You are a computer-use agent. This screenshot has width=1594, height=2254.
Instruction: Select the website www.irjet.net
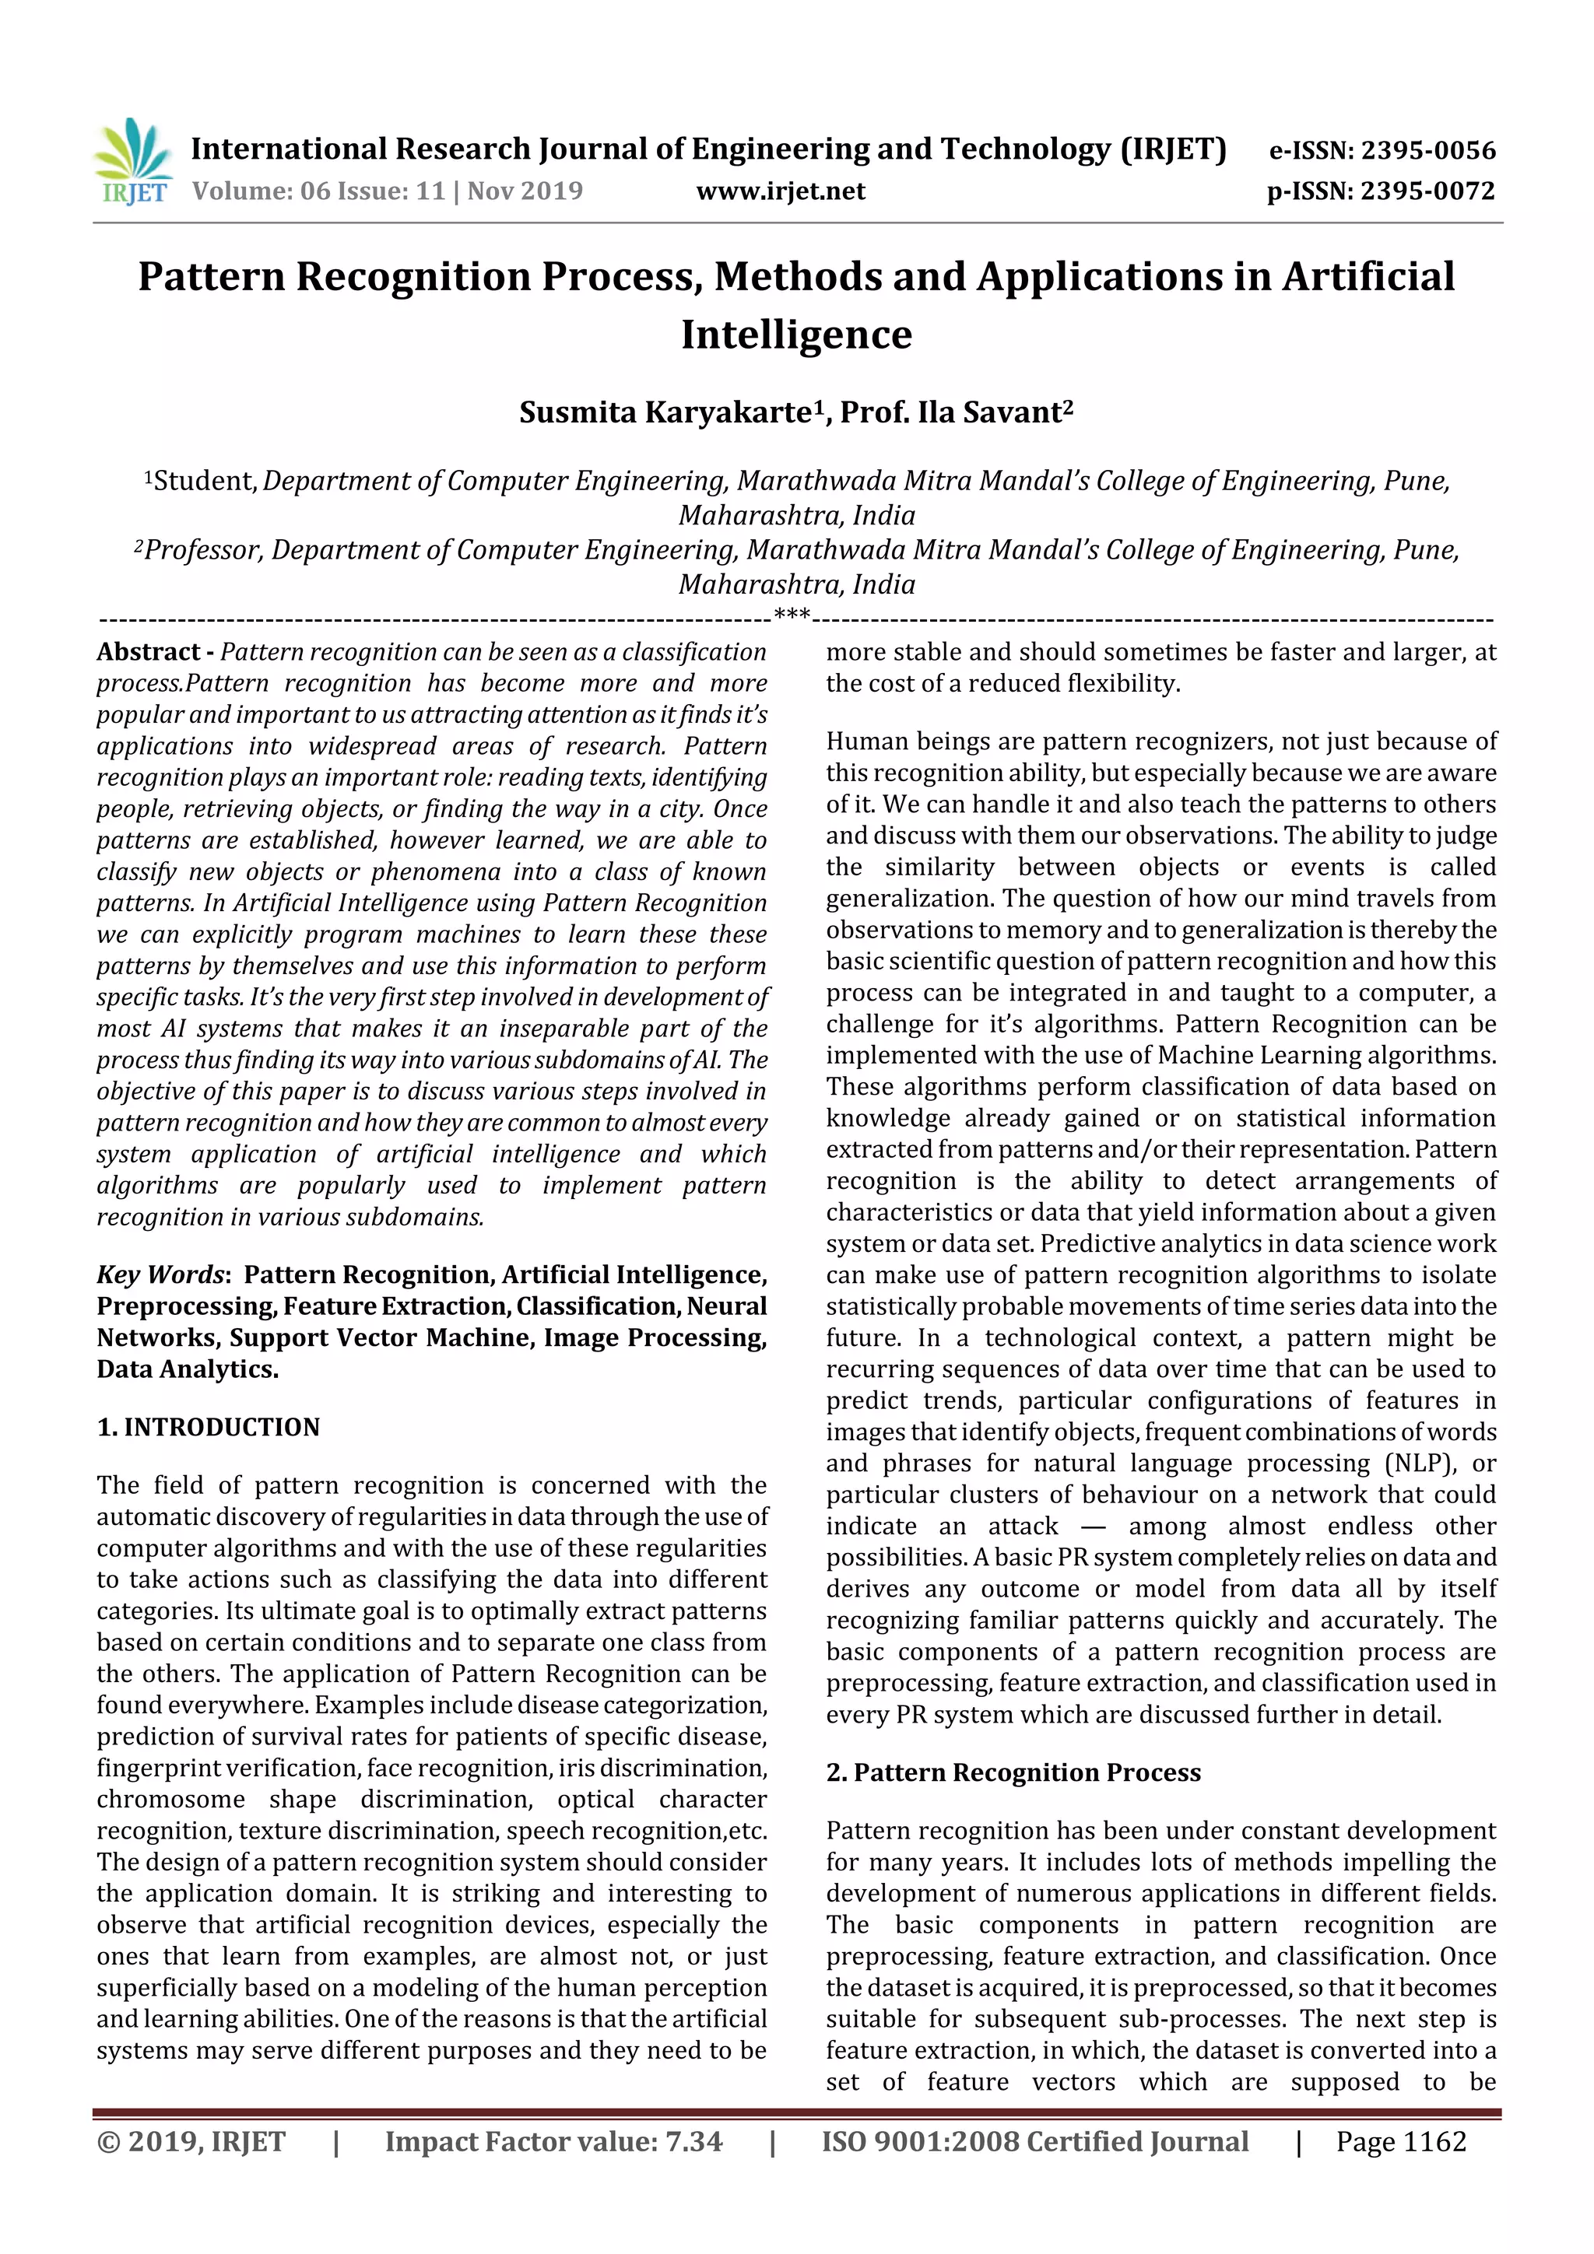(781, 191)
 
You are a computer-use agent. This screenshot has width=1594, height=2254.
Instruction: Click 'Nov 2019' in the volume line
(525, 191)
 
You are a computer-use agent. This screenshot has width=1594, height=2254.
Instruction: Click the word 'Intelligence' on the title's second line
(796, 335)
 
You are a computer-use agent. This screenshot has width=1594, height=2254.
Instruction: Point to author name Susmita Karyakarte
(665, 413)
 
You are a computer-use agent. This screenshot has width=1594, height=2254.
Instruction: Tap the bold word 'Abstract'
(149, 653)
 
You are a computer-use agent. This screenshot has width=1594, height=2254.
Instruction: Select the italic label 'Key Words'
(160, 1275)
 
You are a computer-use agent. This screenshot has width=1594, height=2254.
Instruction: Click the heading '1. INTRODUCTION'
(209, 1428)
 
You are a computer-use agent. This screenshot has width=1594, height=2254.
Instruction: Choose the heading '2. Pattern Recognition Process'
(1013, 1773)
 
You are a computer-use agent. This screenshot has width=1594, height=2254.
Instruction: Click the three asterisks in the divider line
(792, 615)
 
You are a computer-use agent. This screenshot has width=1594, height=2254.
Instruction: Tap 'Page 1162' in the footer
(1400, 2142)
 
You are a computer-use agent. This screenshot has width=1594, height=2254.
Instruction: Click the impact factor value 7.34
(693, 2142)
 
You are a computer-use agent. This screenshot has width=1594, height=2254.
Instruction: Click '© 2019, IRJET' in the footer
(191, 2142)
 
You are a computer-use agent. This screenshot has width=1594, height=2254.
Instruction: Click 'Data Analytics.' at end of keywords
(188, 1369)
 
